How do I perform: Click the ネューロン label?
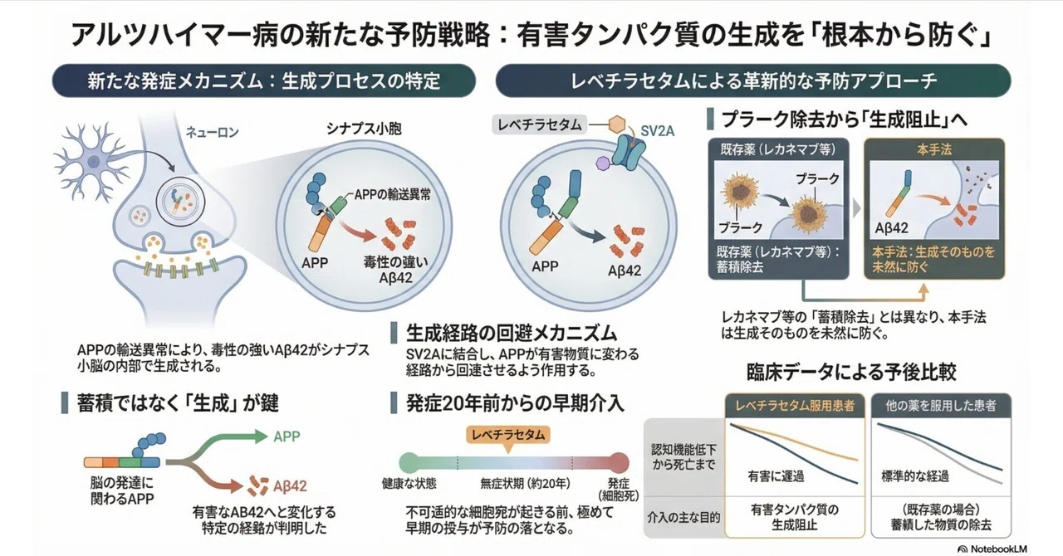click(212, 132)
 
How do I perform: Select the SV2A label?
click(657, 131)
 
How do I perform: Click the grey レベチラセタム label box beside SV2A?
click(540, 124)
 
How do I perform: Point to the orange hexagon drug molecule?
click(616, 124)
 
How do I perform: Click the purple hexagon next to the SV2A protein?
click(603, 163)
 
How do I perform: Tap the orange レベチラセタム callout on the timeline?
click(508, 435)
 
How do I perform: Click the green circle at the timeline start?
click(409, 462)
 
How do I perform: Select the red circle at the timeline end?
click(619, 462)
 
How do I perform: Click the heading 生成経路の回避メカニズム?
click(511, 333)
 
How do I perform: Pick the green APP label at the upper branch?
click(287, 437)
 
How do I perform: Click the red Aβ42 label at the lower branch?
click(290, 485)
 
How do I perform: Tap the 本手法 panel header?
click(934, 150)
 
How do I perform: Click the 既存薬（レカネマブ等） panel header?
click(778, 150)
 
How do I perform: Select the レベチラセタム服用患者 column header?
click(795, 406)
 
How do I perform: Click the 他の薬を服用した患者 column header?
click(941, 406)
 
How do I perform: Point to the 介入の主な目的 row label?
click(683, 518)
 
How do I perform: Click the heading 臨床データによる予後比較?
click(851, 373)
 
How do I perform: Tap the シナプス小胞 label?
click(364, 129)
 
